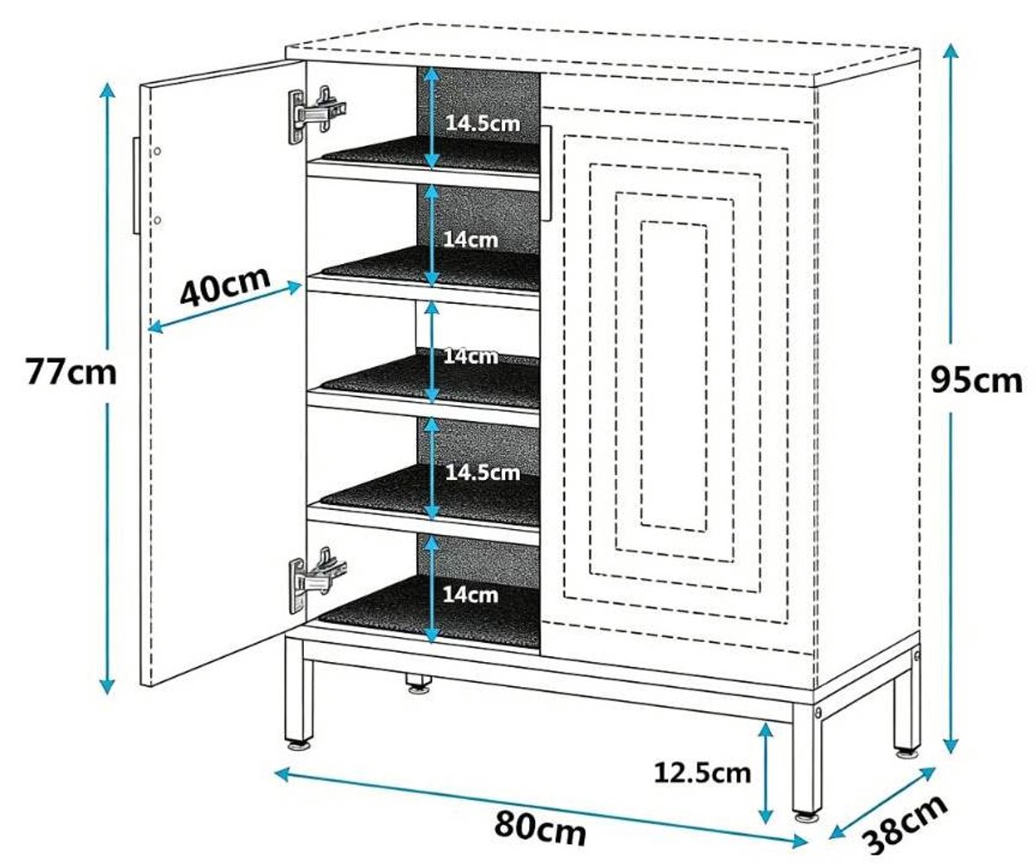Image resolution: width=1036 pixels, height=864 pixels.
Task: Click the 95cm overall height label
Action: click(x=976, y=380)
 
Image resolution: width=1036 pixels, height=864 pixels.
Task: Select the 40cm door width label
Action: click(x=225, y=286)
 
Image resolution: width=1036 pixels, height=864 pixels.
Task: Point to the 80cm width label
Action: click(x=540, y=827)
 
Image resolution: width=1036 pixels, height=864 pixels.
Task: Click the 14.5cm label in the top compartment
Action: click(x=483, y=123)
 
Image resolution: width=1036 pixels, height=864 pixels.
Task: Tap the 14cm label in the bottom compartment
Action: click(x=471, y=594)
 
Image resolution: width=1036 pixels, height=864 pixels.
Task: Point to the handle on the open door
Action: click(x=136, y=185)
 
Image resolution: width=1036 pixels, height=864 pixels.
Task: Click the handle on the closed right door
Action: click(x=546, y=173)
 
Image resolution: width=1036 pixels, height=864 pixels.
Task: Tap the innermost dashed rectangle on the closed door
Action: click(x=674, y=376)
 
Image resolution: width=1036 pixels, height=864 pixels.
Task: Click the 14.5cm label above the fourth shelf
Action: click(x=483, y=473)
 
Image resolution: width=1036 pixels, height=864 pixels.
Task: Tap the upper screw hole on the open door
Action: click(x=157, y=151)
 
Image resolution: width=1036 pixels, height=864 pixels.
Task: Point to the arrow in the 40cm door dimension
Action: click(x=225, y=307)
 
